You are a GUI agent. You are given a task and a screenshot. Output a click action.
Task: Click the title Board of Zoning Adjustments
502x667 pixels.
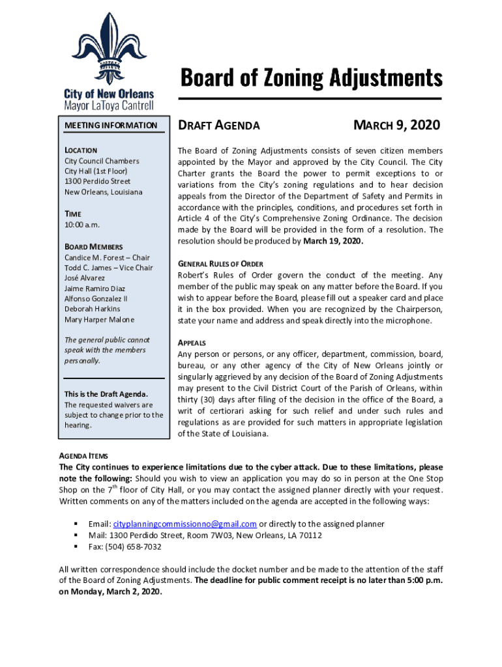312,78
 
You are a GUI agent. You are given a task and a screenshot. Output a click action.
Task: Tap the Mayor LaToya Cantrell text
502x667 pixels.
108,105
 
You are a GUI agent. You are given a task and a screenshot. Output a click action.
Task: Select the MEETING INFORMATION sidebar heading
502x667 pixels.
111,125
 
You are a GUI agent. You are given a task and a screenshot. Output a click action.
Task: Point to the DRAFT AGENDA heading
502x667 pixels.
220,125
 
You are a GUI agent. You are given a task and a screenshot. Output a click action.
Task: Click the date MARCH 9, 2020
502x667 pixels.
396,125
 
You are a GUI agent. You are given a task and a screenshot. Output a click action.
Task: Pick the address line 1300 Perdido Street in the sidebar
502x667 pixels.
97,181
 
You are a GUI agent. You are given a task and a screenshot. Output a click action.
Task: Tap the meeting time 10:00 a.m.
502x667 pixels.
82,224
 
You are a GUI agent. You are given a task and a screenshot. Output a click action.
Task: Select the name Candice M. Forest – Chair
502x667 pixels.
107,257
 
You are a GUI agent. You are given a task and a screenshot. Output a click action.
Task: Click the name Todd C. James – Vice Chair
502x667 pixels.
108,268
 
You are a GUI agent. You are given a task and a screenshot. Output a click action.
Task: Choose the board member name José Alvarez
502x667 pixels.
85,278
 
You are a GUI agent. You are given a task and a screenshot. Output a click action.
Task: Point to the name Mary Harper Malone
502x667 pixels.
100,319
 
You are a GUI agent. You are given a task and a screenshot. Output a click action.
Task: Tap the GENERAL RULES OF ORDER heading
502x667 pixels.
220,264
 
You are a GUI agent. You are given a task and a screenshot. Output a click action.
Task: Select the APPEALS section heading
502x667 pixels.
192,343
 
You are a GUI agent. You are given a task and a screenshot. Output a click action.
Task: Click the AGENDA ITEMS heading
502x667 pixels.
83,457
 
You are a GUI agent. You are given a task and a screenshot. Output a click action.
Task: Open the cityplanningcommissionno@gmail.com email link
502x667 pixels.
185,524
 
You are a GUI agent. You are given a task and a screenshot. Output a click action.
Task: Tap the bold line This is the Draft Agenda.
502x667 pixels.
106,394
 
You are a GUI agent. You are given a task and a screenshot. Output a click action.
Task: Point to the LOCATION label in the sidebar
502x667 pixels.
81,150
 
